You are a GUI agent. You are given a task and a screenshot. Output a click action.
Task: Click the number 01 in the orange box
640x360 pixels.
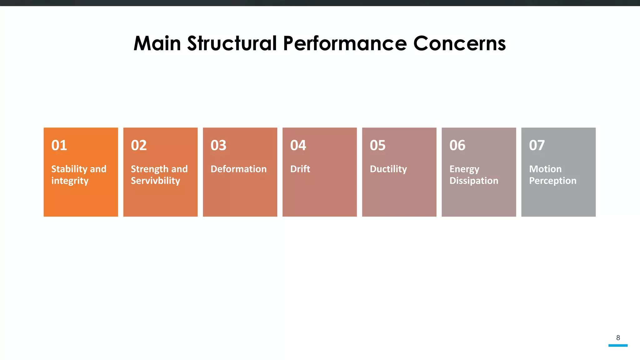pyautogui.click(x=59, y=145)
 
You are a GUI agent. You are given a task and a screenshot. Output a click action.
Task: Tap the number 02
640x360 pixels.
pyautogui.click(x=139, y=145)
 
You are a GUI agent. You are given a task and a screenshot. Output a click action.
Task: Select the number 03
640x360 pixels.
pyautogui.click(x=218, y=145)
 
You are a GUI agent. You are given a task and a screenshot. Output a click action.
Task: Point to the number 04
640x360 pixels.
pyautogui.click(x=298, y=145)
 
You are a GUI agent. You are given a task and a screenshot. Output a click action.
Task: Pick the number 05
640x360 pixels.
pyautogui.click(x=377, y=145)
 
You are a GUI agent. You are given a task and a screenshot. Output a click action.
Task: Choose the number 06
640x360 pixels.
pyautogui.click(x=457, y=145)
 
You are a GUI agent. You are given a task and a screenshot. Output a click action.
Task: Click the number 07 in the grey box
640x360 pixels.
pyautogui.click(x=537, y=145)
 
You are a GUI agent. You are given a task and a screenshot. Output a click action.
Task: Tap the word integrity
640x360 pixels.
pyautogui.click(x=70, y=181)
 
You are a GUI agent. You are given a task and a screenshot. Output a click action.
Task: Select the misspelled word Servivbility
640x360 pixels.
pyautogui.click(x=155, y=181)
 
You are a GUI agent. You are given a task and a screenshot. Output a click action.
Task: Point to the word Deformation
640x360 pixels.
pyautogui.click(x=238, y=169)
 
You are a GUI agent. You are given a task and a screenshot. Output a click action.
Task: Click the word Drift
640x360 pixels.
pyautogui.click(x=300, y=169)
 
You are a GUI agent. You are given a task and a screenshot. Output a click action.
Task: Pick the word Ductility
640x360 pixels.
pyautogui.click(x=388, y=169)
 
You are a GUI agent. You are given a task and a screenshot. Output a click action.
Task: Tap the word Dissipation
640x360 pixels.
pyautogui.click(x=474, y=181)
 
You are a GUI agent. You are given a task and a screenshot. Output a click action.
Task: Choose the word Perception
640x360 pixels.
pyautogui.click(x=552, y=181)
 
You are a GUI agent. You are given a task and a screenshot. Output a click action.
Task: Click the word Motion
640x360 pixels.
pyautogui.click(x=545, y=169)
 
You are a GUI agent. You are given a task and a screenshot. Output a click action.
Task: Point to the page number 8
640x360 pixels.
pyautogui.click(x=618, y=337)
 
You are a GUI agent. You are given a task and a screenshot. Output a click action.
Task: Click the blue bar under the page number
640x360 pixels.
pyautogui.click(x=618, y=345)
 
